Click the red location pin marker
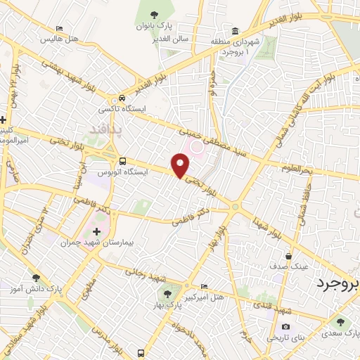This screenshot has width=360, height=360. [181, 166]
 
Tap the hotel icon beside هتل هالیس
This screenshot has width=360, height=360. [59, 30]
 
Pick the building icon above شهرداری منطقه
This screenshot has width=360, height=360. [234, 32]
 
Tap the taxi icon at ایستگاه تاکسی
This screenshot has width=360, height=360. [122, 98]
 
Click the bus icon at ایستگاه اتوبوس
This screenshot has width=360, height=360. [122, 160]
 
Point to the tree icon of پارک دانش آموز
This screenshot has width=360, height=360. [35, 278]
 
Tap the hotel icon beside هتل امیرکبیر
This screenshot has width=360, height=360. [204, 287]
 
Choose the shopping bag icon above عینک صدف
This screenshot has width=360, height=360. [289, 256]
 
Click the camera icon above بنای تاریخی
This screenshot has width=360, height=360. [286, 326]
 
